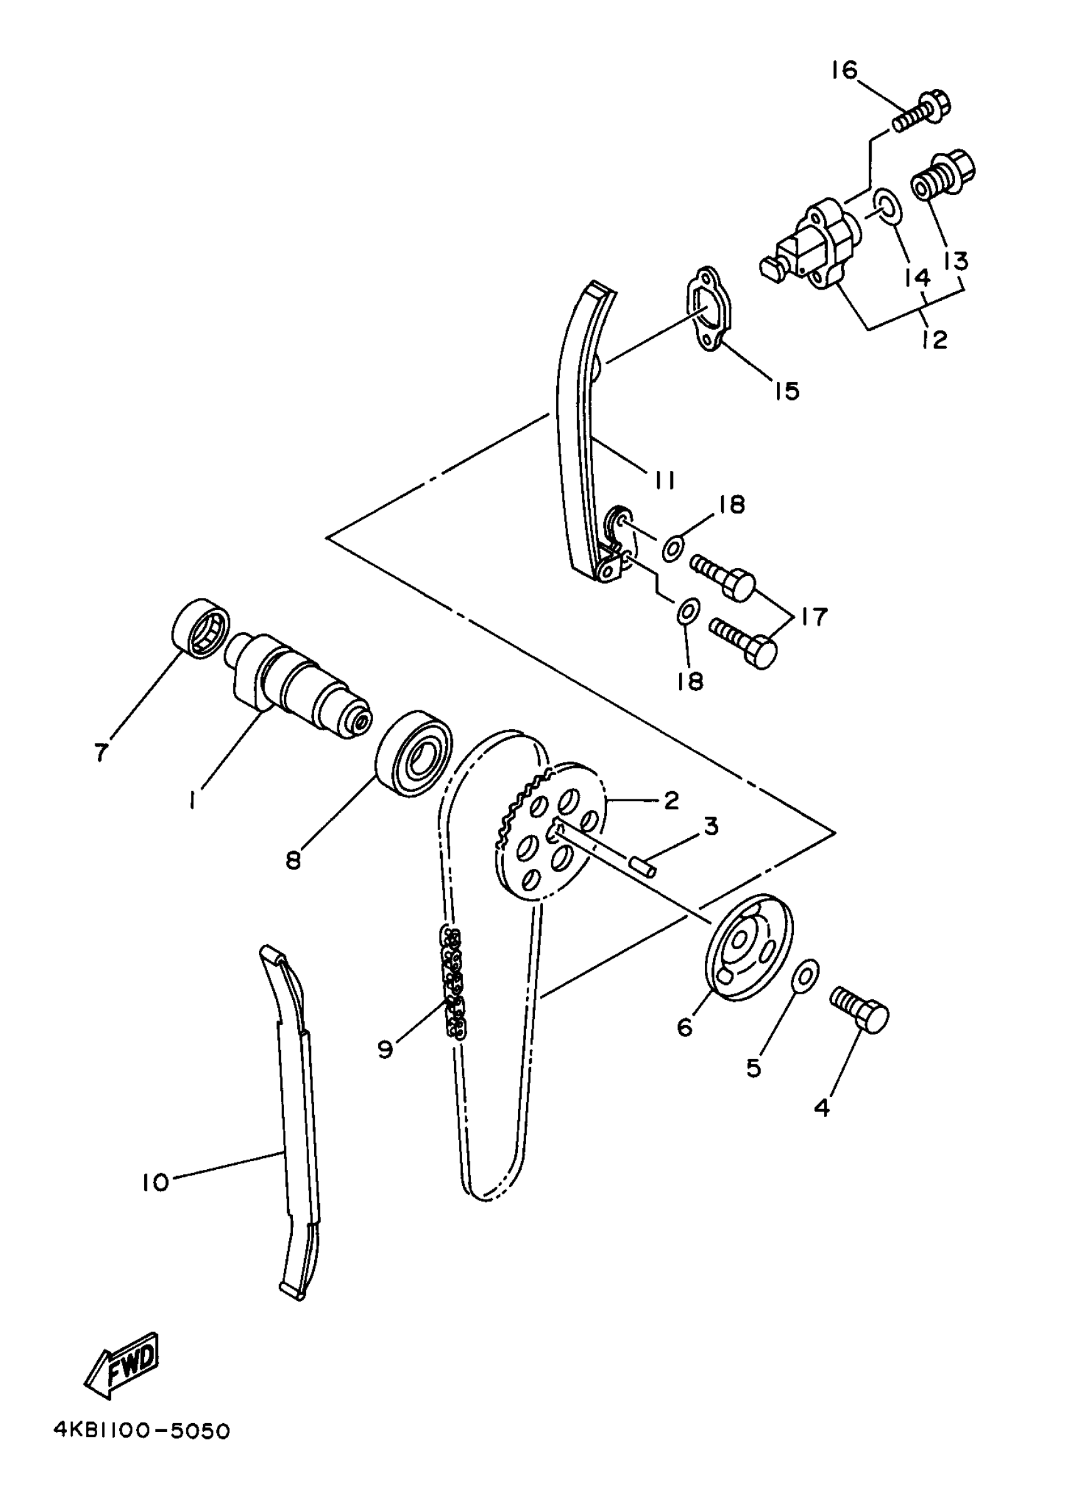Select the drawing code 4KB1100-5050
pyautogui.click(x=142, y=1431)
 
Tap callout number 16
pyautogui.click(x=844, y=70)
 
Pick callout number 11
pyautogui.click(x=663, y=481)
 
